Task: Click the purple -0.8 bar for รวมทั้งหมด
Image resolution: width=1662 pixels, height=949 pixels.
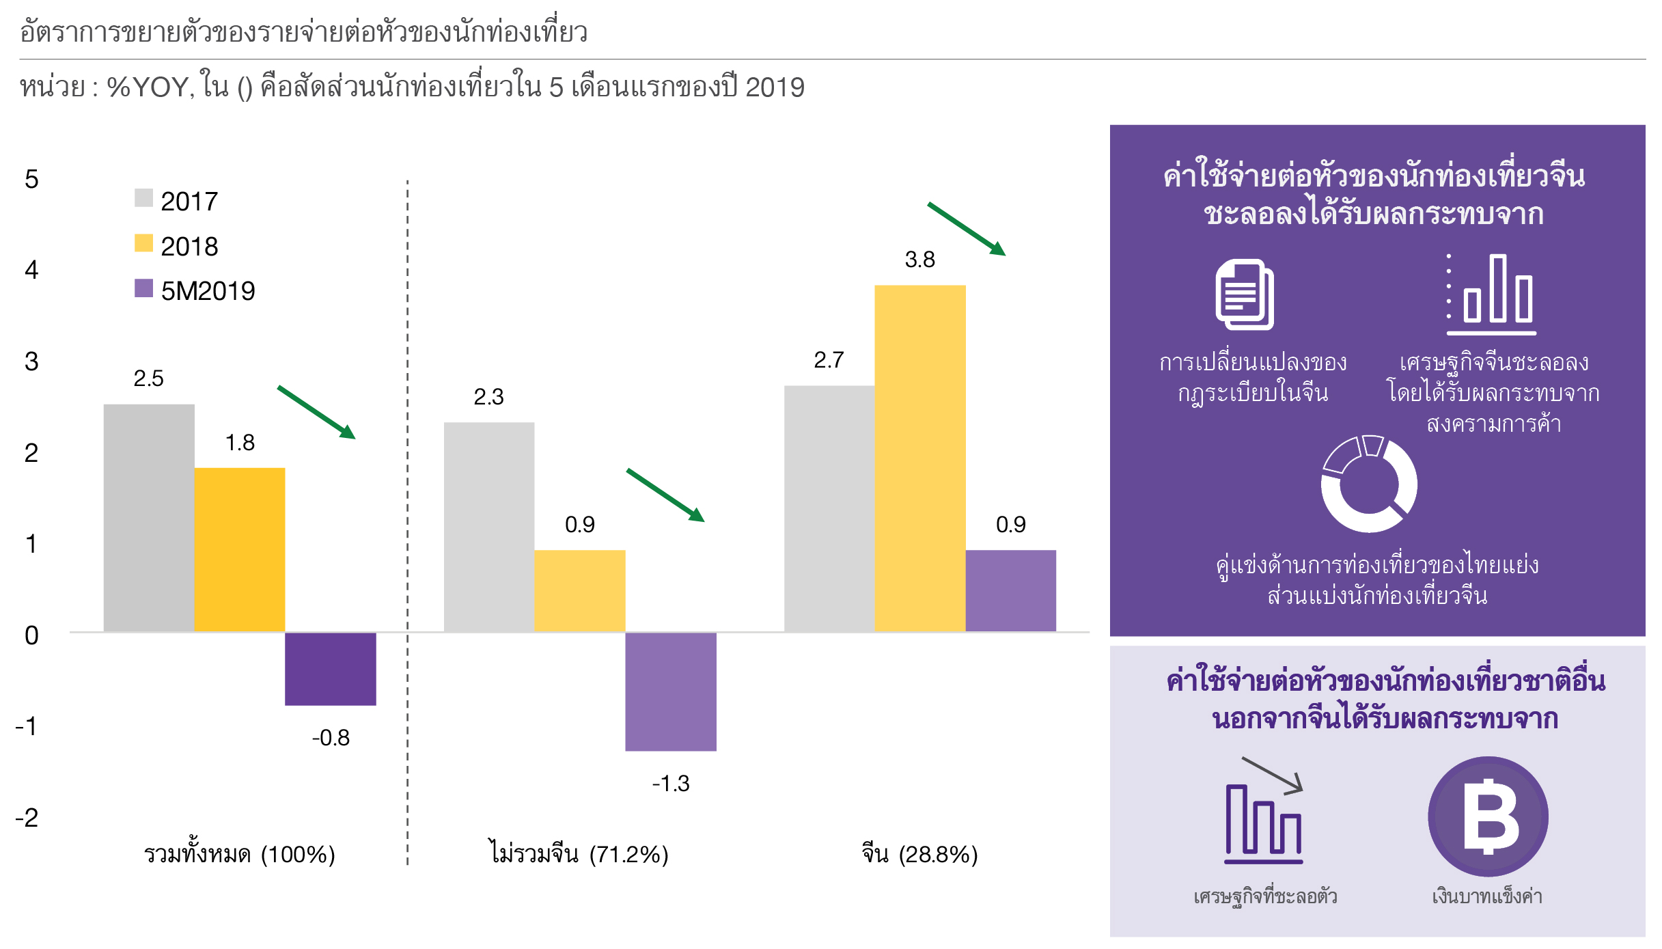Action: (x=330, y=668)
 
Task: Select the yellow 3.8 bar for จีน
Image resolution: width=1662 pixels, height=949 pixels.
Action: (x=919, y=458)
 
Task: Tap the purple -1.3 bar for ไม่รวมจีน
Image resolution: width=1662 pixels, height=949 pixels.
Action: (x=670, y=691)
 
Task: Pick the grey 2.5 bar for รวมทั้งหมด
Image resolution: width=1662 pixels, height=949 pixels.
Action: (x=149, y=517)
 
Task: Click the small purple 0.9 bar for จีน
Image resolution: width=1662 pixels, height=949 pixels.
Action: (x=1010, y=590)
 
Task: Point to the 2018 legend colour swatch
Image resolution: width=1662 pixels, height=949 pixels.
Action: (x=143, y=243)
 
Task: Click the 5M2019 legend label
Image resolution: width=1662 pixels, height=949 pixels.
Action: (x=208, y=291)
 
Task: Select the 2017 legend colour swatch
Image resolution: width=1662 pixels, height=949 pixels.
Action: (x=143, y=198)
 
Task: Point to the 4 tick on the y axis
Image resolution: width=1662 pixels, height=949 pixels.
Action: (x=31, y=270)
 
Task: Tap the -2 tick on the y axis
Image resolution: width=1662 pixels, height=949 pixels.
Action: (x=27, y=817)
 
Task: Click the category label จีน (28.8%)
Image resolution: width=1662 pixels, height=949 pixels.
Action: (x=919, y=854)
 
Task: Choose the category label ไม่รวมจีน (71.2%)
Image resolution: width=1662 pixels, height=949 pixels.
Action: (x=579, y=854)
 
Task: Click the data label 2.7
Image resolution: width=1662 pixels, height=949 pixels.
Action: (x=829, y=360)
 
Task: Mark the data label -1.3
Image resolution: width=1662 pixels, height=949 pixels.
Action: (x=670, y=783)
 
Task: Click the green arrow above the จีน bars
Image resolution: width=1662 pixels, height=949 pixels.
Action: (x=966, y=229)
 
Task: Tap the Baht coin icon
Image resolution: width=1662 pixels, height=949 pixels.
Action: (x=1488, y=816)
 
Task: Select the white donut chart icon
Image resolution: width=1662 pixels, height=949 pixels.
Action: (x=1368, y=484)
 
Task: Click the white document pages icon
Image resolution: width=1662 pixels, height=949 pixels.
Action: (x=1245, y=294)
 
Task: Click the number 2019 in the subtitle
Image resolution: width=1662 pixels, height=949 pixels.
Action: (x=775, y=87)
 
